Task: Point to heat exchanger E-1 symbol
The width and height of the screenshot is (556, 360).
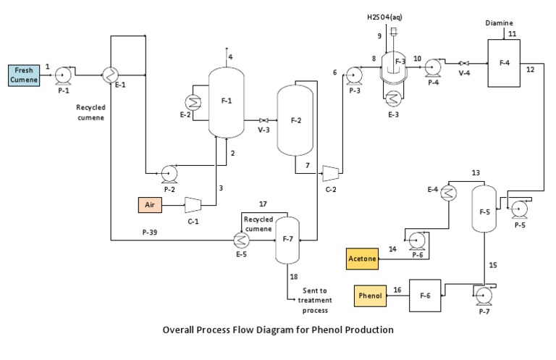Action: (110, 74)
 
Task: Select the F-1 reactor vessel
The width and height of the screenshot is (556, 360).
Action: (226, 101)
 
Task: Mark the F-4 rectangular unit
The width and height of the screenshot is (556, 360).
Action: (505, 63)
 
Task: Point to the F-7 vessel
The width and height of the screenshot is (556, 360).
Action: (287, 238)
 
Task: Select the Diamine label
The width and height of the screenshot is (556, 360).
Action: (499, 23)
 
